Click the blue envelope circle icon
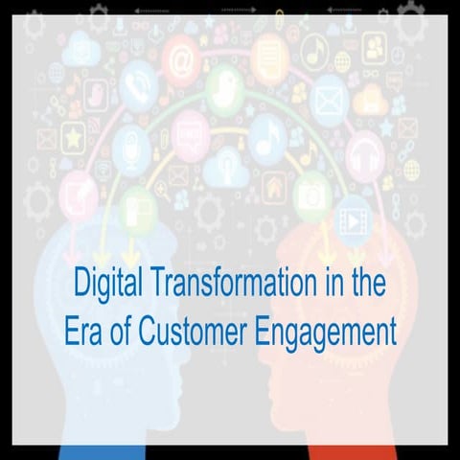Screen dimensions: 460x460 pyautogui.click(x=331, y=94)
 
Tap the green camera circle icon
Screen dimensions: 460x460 pyautogui.click(x=311, y=192)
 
